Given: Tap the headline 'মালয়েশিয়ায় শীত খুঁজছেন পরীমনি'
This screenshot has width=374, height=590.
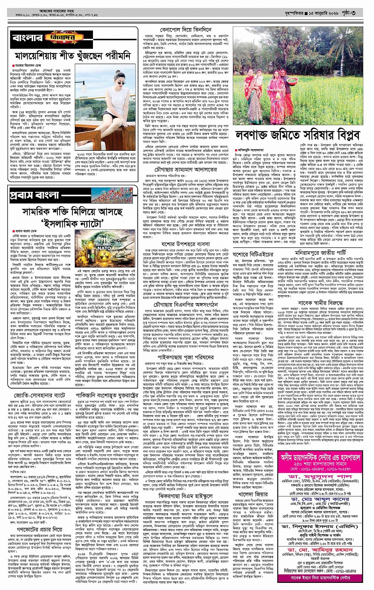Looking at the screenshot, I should coord(72,55).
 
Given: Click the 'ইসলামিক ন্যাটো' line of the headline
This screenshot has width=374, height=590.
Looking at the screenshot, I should coord(73,223).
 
